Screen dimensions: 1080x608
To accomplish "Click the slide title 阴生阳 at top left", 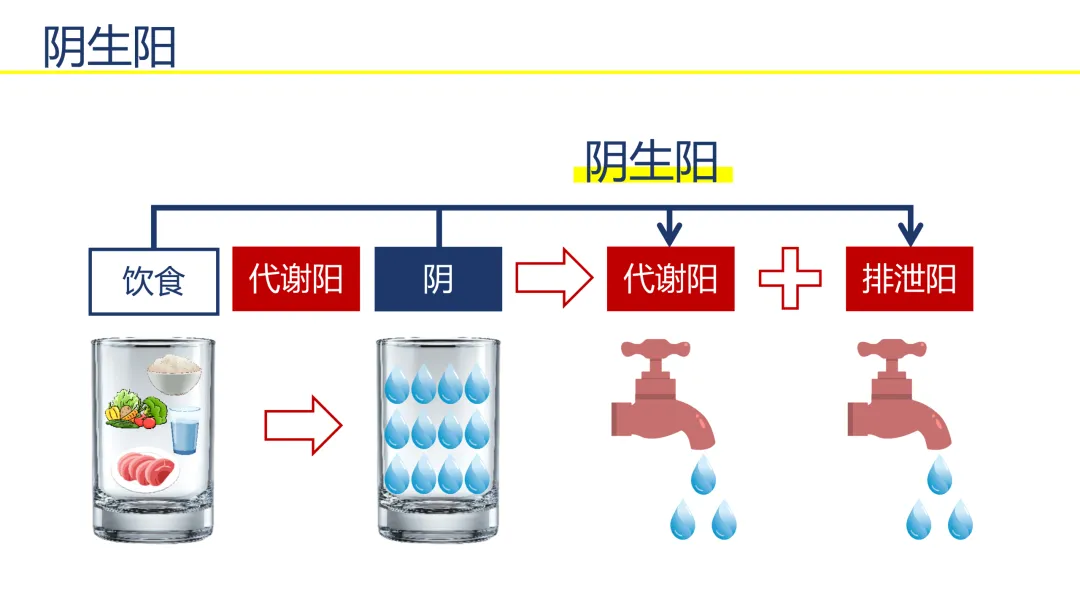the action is coord(110,47).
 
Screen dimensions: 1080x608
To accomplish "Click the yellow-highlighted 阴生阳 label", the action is coord(652,162).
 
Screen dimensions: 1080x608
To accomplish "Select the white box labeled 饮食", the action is coord(154,281).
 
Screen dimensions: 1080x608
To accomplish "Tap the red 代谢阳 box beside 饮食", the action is coord(296,279).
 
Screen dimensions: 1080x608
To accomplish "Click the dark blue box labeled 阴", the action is coord(438,279).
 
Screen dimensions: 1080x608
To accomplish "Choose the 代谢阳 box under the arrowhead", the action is coord(670,279).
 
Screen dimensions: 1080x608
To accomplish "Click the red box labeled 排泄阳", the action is coord(909,279).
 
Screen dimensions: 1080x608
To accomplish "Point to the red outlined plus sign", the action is coord(790,278).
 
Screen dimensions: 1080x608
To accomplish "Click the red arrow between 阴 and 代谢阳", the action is coord(554,277).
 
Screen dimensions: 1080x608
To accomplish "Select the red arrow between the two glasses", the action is coord(303,425).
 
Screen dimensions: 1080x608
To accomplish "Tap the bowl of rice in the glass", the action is coord(175,374).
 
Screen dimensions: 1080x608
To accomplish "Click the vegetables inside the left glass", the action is coord(136,409).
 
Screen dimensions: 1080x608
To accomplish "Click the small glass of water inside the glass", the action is coord(185,430).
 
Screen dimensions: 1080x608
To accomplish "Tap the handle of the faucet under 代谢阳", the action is coord(655,348).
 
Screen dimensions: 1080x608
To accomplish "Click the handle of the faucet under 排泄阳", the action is coord(891,348).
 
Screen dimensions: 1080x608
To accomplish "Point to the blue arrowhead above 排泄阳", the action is coord(911,234).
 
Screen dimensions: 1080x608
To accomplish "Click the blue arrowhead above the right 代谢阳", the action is coord(669,234).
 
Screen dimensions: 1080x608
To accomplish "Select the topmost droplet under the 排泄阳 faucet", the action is coord(939,474).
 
